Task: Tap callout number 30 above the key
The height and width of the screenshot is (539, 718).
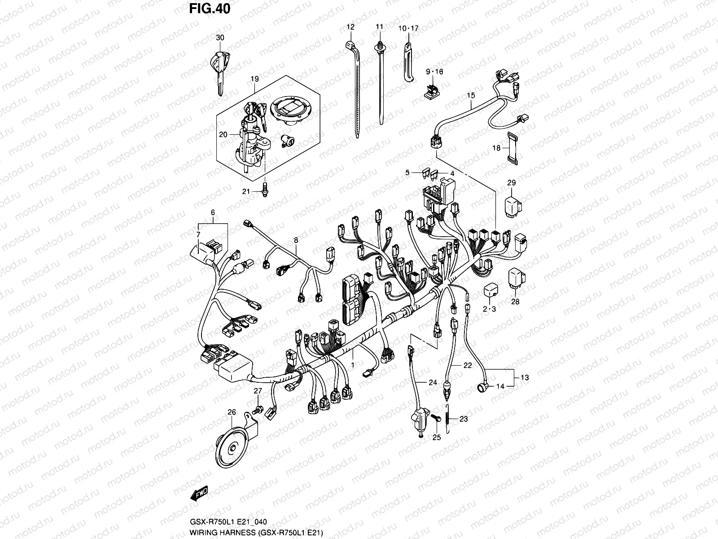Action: pos(219,38)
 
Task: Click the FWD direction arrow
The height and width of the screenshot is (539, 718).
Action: pos(199,493)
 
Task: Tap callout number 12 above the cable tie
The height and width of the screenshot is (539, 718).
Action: pos(350,27)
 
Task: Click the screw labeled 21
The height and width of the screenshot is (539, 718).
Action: pos(265,190)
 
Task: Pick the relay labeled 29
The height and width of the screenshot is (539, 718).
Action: pos(512,205)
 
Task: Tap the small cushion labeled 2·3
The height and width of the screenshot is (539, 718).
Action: pos(490,291)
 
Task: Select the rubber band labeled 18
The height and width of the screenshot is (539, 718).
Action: pos(511,148)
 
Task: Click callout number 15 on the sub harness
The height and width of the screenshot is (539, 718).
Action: pos(470,95)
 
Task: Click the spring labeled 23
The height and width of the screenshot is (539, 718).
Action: pos(449,418)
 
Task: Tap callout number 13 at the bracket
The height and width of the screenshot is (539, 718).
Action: pos(525,377)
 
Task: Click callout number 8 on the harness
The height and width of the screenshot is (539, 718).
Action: pos(296,241)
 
